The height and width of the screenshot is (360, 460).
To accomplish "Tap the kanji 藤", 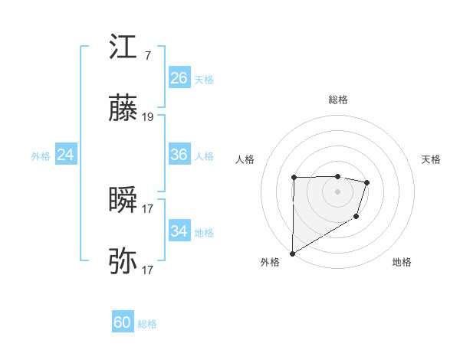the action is (123, 110).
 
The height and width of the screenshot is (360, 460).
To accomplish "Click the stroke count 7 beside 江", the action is (147, 56).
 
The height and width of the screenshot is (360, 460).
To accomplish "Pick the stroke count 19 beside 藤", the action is (148, 118).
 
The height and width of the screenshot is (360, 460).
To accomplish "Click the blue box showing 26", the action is (179, 78).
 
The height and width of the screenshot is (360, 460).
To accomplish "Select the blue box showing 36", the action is (179, 155).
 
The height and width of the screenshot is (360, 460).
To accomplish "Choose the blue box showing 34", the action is (179, 231).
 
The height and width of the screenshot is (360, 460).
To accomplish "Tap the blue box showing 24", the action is (65, 155).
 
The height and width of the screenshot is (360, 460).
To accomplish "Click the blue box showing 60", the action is (123, 322).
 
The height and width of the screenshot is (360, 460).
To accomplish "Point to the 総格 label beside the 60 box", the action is (147, 324).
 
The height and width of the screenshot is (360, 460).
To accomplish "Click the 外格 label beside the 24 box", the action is (41, 156).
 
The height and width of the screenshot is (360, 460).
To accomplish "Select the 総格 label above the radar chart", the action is (337, 100).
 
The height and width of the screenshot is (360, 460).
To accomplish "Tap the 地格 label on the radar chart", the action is (402, 262).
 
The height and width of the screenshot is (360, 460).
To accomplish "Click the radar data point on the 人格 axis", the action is (294, 178).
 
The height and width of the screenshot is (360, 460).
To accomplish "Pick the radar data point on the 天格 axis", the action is (367, 182).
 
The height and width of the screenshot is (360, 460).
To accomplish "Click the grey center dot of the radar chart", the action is (337, 191).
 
